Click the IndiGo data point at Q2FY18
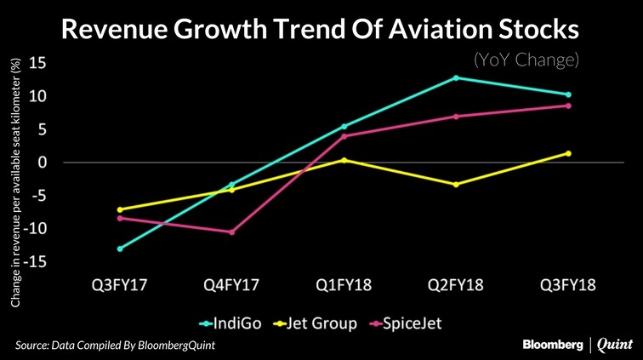[456, 77]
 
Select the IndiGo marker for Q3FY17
[120, 249]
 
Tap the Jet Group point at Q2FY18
[456, 185]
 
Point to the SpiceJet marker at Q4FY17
[231, 231]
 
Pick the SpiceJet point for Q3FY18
[568, 106]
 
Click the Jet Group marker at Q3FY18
[568, 153]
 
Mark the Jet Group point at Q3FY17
[120, 209]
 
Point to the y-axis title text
[15, 182]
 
